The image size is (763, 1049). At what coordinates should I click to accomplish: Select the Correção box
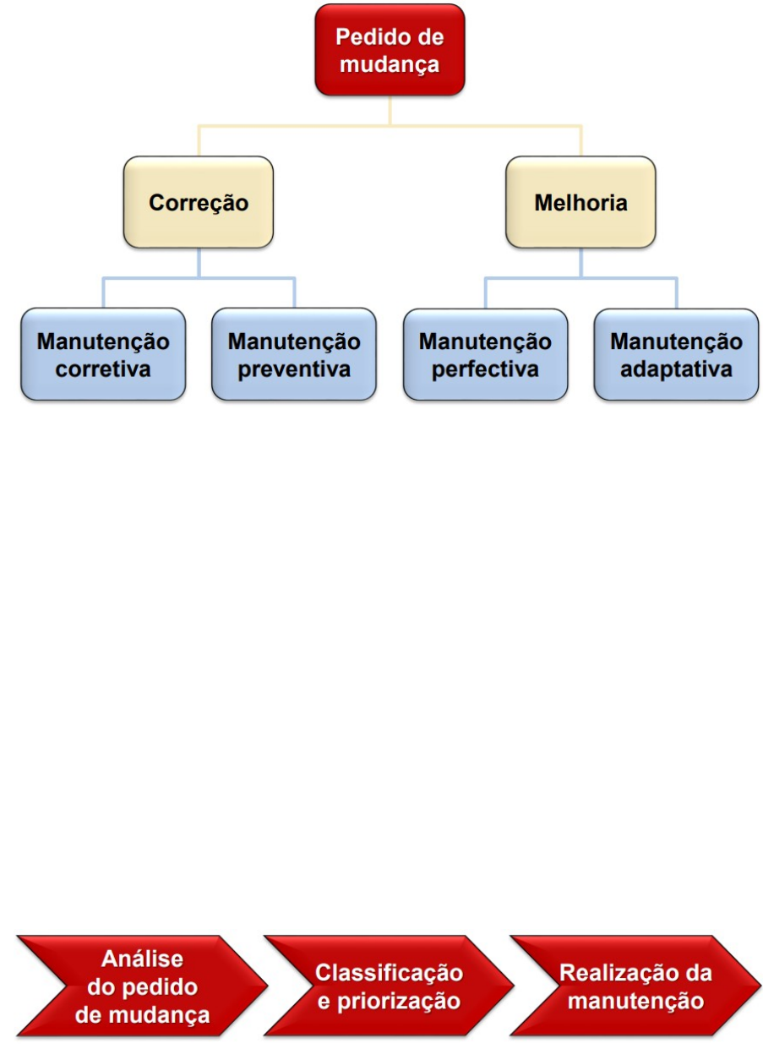(x=199, y=202)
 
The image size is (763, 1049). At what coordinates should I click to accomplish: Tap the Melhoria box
(x=580, y=202)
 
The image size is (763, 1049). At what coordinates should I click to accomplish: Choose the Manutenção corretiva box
(x=103, y=354)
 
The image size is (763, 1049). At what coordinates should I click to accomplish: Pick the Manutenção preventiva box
(x=294, y=354)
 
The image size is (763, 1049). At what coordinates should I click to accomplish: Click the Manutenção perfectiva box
(x=485, y=354)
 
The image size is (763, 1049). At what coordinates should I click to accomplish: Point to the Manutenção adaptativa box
(x=676, y=354)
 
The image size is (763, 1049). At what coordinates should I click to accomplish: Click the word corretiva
(x=103, y=370)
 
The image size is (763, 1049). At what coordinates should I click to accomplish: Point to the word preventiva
(x=294, y=370)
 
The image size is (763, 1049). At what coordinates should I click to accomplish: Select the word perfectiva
(x=485, y=370)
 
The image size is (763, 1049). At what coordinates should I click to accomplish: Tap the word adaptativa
(x=676, y=370)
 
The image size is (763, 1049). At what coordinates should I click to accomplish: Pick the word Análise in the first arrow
(x=142, y=959)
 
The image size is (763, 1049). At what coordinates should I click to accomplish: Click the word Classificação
(x=390, y=973)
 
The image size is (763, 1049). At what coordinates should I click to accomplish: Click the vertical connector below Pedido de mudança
(x=390, y=110)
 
